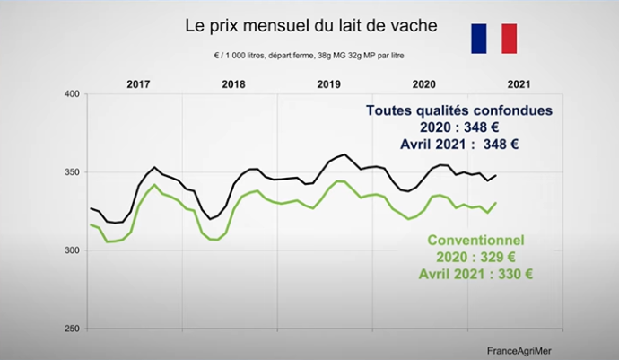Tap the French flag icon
tap(494, 39)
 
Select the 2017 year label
tap(138, 83)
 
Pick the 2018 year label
tap(233, 83)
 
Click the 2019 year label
tap(328, 83)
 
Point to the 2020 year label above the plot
tap(423, 83)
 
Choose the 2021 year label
tap(519, 83)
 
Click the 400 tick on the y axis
tap(74, 94)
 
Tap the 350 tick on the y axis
tap(74, 172)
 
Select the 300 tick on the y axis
tap(74, 250)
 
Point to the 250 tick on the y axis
tap(74, 329)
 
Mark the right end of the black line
tap(497, 175)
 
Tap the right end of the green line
tap(497, 203)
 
